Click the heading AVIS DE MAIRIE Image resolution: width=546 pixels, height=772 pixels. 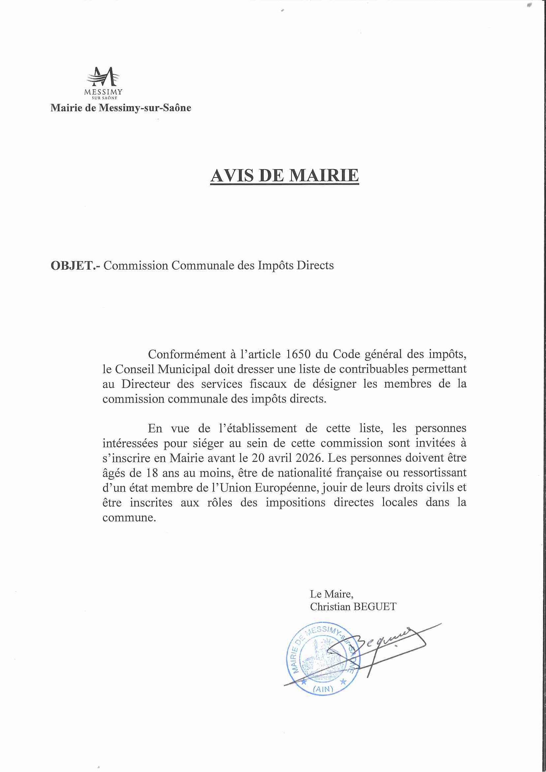(285, 176)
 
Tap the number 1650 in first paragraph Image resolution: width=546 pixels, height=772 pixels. (298, 354)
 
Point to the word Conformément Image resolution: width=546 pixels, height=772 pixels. (187, 354)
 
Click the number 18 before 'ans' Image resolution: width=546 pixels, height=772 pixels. (152, 473)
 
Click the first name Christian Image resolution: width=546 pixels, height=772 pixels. (330, 607)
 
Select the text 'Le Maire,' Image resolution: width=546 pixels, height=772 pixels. (331, 594)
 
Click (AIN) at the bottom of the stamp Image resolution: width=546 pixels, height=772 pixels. (323, 689)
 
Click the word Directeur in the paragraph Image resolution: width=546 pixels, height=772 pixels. (146, 384)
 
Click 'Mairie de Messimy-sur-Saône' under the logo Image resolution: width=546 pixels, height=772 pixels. (121, 108)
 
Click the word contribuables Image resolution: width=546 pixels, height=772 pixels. (374, 369)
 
